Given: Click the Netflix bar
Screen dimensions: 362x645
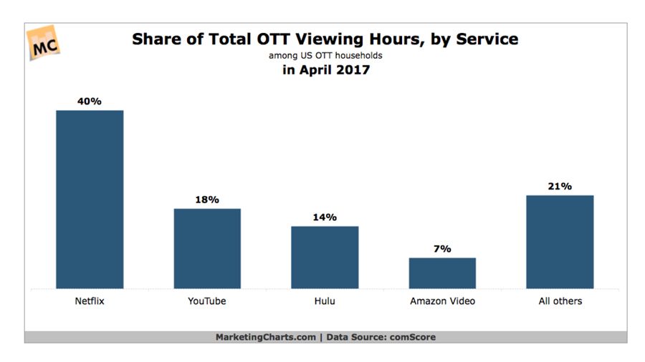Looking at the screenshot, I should click(90, 199).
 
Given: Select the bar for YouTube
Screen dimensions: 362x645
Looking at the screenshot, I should click(207, 248).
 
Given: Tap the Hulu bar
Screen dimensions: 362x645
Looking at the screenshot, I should click(325, 257).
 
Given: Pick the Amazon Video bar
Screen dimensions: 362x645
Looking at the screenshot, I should click(442, 273).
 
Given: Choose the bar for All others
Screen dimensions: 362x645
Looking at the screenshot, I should click(560, 241).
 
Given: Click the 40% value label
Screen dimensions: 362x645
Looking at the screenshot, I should click(90, 102).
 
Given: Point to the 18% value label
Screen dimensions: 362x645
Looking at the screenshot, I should click(207, 200).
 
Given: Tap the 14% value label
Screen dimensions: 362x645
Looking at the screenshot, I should click(325, 217).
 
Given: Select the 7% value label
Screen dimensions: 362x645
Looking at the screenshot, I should click(442, 249).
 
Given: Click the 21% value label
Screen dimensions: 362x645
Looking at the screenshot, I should click(560, 187).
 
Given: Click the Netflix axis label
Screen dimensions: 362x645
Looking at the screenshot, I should click(90, 301).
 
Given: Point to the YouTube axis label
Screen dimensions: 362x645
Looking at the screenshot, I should click(207, 301).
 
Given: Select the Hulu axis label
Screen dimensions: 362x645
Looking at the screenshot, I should click(325, 301).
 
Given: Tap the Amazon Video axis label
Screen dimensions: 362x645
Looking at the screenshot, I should click(442, 301).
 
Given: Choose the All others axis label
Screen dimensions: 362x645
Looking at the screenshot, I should click(560, 301).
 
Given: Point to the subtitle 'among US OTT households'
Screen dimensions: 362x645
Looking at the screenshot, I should click(325, 55).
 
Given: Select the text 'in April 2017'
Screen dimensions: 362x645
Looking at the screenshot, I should click(325, 70).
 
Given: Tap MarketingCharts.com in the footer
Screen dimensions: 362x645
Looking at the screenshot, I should click(264, 337).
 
